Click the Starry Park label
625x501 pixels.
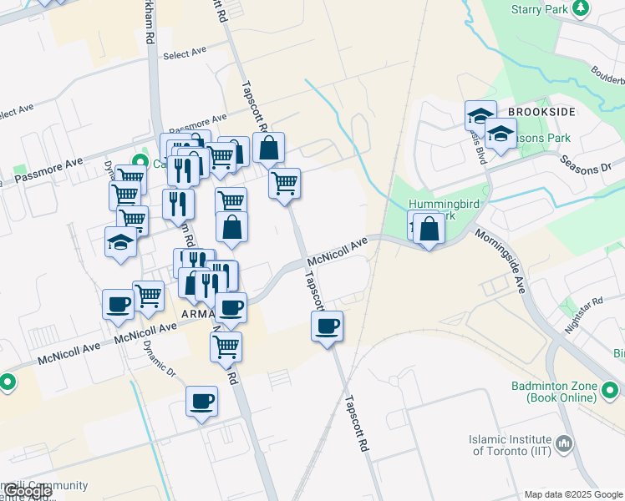point(540,8)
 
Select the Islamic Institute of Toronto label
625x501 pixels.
point(512,445)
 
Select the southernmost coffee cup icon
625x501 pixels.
point(201,401)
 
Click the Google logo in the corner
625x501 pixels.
point(27,491)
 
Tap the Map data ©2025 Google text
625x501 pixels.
point(573,494)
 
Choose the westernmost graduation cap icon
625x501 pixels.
point(120,242)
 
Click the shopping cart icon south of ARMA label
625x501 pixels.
point(226,346)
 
